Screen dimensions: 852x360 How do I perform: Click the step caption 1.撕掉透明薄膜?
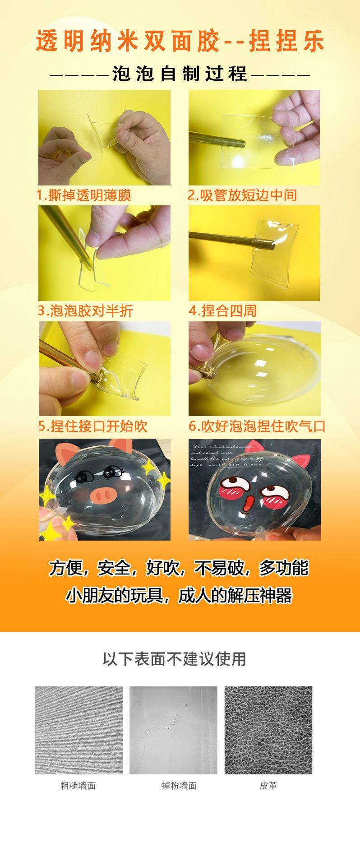tap(83, 195)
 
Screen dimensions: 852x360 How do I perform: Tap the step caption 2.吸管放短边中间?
tap(242, 195)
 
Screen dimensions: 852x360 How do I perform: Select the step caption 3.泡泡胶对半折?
tap(85, 310)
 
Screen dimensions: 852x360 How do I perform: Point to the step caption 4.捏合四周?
tap(222, 310)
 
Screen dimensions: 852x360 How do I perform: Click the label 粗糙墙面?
tap(78, 786)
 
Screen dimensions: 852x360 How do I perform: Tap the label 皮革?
tap(268, 786)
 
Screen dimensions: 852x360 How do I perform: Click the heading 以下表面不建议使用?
tap(174, 659)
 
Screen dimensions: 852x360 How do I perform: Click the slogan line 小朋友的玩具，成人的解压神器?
tap(180, 596)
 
